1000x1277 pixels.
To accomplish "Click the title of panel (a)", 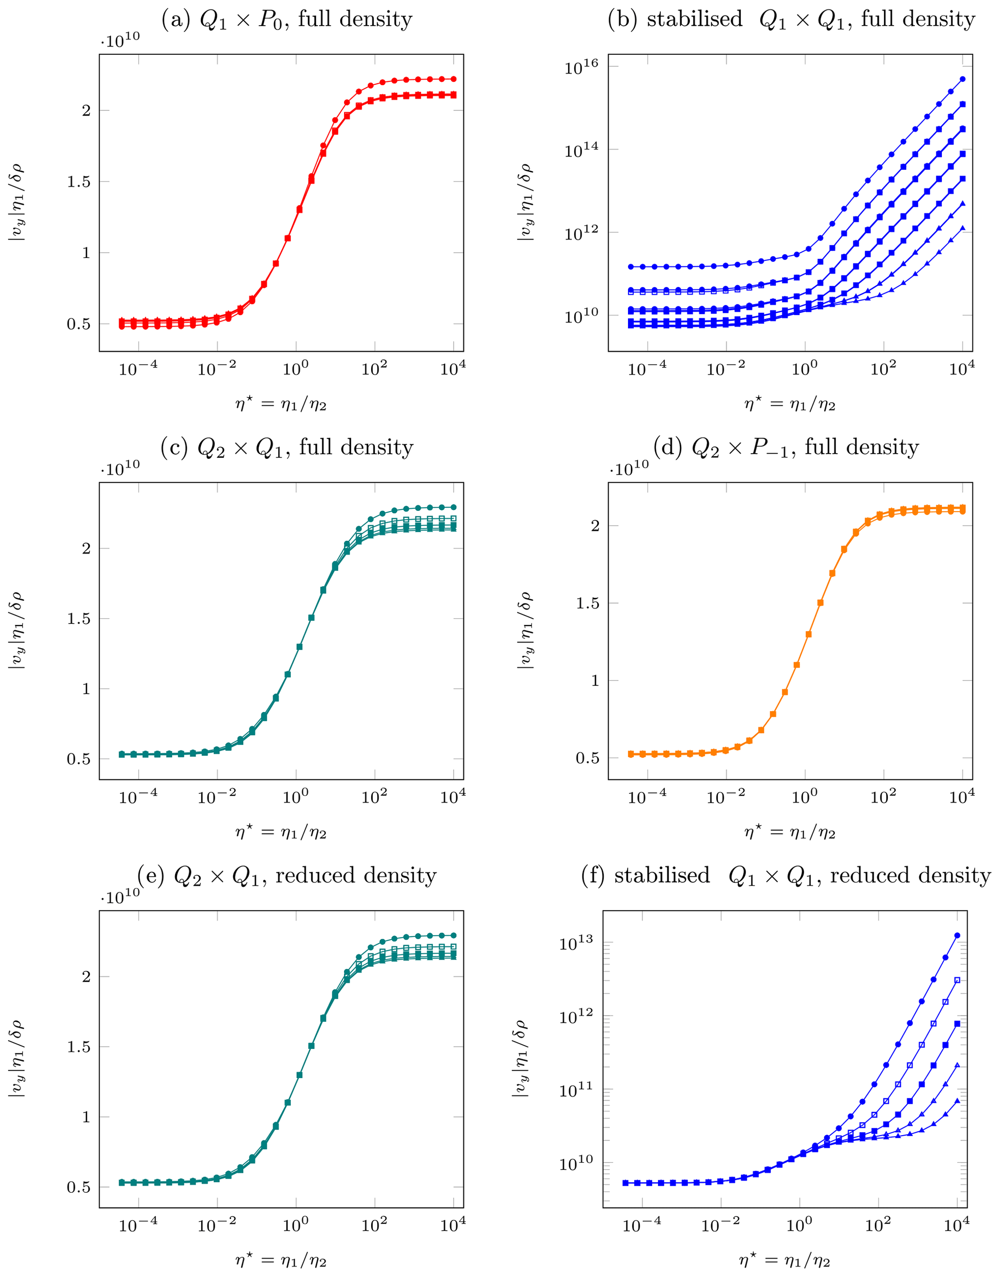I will coord(287,19).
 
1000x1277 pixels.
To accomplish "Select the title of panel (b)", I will coord(791,19).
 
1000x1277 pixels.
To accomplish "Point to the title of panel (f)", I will coord(786,875).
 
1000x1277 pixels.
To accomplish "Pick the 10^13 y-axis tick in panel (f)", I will coord(577,943).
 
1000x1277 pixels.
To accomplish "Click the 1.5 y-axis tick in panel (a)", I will coord(78,182).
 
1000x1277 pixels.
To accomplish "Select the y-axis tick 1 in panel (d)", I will coord(596,681).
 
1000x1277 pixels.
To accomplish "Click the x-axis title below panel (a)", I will coord(281,404).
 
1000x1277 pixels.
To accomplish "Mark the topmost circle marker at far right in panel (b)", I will coord(963,79).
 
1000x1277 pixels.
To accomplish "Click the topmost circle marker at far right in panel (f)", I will coord(957,936).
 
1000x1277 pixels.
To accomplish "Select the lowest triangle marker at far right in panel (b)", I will coord(963,228).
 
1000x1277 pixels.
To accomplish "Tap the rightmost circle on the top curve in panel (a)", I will coord(454,79).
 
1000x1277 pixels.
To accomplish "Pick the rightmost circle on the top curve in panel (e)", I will coord(454,936).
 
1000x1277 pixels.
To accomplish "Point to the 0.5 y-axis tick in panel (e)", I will coord(78,1187).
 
